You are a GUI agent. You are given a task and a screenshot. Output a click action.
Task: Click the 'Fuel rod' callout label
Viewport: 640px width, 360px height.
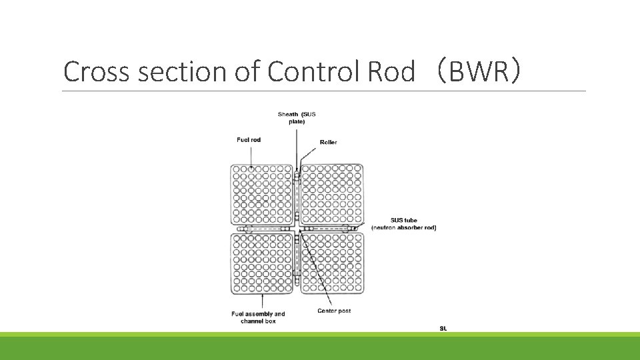(248, 139)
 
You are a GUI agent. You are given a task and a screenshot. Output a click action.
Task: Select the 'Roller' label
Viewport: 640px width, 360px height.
(329, 142)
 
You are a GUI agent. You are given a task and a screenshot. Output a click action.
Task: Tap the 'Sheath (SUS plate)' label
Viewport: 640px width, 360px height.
(297, 118)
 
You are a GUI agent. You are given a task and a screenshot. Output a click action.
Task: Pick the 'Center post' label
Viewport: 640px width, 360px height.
(335, 311)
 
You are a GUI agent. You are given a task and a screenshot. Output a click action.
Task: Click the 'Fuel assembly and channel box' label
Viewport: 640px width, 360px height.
(258, 317)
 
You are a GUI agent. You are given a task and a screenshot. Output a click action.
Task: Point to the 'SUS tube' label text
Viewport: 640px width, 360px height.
(404, 221)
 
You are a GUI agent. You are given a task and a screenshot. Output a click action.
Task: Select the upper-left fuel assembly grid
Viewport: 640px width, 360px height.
(261, 194)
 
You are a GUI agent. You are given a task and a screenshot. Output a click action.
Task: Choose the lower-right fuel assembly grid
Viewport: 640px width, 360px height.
(332, 263)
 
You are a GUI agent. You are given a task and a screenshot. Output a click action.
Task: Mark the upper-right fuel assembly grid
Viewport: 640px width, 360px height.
(332, 194)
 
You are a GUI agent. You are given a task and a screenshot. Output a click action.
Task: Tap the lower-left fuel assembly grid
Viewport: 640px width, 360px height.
(261, 263)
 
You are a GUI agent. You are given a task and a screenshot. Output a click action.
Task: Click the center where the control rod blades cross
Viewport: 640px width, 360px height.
(297, 229)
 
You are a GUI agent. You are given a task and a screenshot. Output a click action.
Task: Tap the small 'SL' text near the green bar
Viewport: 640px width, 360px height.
(443, 328)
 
